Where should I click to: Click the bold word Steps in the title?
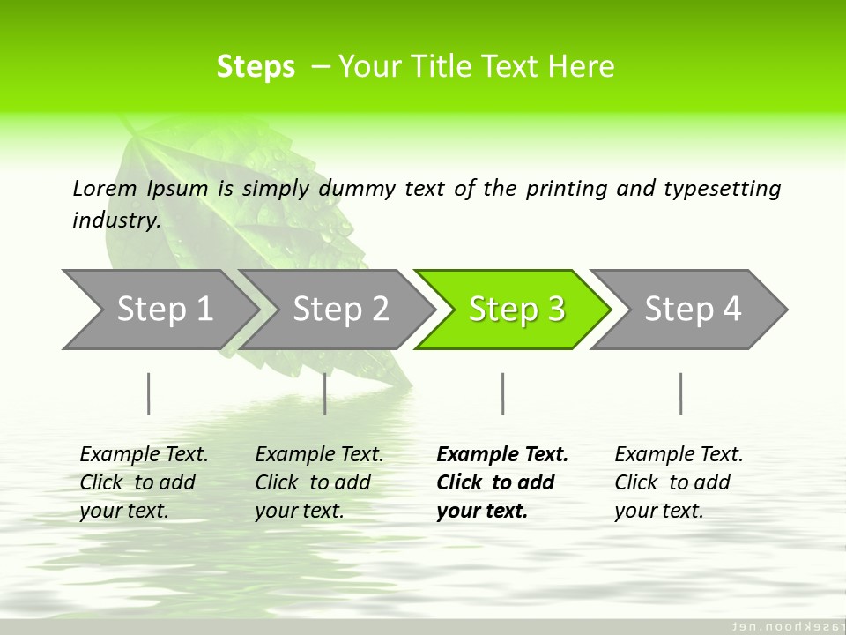tap(256, 67)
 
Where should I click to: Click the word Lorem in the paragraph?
tap(105, 189)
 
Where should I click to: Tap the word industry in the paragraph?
tap(116, 220)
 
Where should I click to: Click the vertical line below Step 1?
tap(149, 393)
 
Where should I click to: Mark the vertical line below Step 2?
tap(325, 393)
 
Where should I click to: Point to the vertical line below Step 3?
tap(503, 393)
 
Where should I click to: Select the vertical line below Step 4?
tap(680, 393)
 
